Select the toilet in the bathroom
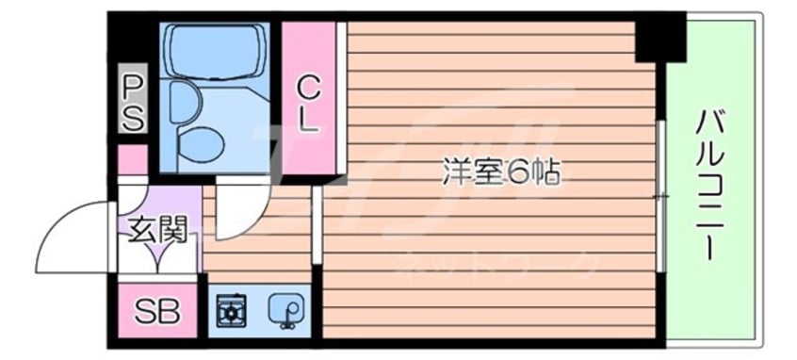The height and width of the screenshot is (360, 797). pyautogui.click(x=200, y=142)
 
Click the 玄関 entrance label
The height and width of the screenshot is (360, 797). pyautogui.click(x=157, y=229)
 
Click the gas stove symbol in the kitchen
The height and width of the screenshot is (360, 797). pyautogui.click(x=232, y=309)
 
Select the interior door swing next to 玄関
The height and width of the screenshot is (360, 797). pyautogui.click(x=240, y=212)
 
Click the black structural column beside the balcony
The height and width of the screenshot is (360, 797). pyautogui.click(x=659, y=38)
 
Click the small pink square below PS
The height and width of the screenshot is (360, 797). pyautogui.click(x=133, y=159)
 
